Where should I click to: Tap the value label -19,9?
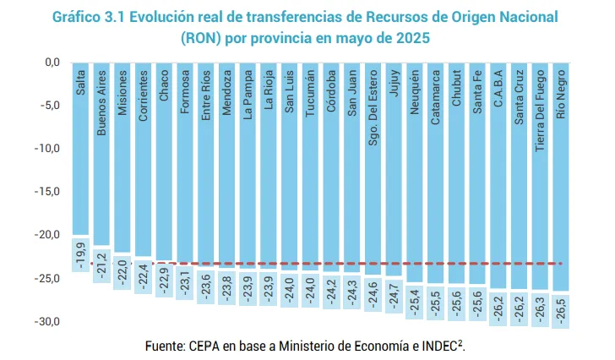tap(81, 254)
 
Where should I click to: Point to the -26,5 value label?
tap(560, 310)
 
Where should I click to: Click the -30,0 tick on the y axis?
tap(47, 322)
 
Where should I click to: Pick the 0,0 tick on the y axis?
tap(51, 63)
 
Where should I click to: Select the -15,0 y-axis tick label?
tap(47, 192)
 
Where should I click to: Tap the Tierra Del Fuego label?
tap(540, 111)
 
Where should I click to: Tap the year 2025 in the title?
tap(410, 38)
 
